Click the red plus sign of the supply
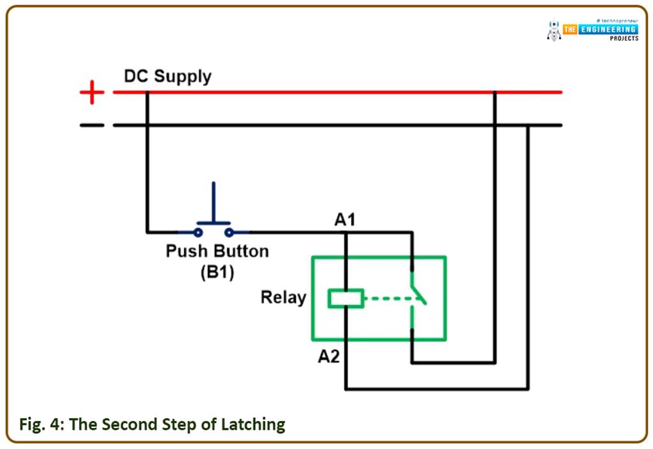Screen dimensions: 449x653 click(x=92, y=93)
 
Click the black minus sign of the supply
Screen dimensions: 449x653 click(x=92, y=125)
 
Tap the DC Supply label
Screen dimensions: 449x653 click(x=168, y=76)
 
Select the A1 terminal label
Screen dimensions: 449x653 click(x=345, y=220)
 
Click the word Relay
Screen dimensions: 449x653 click(x=283, y=297)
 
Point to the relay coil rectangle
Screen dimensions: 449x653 click(x=346, y=298)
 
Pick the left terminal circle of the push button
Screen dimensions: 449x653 click(x=198, y=232)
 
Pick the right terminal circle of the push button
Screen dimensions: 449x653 click(x=229, y=232)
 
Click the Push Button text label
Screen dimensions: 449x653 click(x=217, y=251)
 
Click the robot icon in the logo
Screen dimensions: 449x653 click(x=554, y=31)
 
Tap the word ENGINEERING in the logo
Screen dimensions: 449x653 click(x=607, y=29)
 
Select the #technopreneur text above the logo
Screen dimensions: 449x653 click(x=617, y=20)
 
